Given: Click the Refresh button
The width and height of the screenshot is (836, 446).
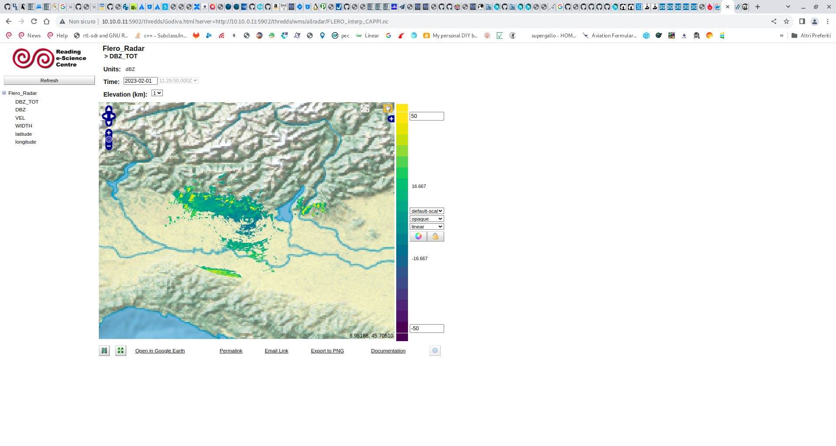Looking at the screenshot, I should tap(49, 80).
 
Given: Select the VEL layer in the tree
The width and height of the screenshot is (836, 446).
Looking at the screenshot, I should tap(20, 118).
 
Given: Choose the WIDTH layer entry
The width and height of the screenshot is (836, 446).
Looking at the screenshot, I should tap(24, 126).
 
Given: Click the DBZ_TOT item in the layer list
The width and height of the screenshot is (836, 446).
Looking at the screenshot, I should tap(27, 102).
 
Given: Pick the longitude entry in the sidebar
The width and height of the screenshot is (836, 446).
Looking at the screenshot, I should tap(26, 142).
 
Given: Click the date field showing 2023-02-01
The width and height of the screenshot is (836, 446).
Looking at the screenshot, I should tap(140, 81).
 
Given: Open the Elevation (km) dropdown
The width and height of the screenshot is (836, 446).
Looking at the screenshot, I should tap(157, 93).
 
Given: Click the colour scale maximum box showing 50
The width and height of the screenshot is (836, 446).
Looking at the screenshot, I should tap(426, 116).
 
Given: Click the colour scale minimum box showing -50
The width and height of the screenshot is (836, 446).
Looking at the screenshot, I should tap(426, 329).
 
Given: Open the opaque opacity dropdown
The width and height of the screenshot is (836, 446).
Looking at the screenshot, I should tap(426, 219).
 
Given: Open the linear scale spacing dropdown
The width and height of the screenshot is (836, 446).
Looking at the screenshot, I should tap(426, 227).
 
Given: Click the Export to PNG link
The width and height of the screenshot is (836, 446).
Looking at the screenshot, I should tap(327, 351).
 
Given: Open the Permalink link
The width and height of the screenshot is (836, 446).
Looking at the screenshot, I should tap(231, 351).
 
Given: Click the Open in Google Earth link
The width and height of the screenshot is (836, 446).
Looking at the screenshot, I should tap(160, 351).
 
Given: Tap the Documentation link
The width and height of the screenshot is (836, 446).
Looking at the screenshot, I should tap(388, 351).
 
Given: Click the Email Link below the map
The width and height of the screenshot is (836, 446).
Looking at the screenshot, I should tap(276, 351).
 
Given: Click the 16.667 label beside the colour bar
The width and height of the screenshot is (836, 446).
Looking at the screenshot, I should tap(419, 186).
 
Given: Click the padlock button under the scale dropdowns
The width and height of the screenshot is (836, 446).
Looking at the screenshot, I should tap(435, 236).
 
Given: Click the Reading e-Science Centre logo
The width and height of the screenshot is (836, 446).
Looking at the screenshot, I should tap(49, 58).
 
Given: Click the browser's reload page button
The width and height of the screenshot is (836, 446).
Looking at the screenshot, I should tap(34, 21).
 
